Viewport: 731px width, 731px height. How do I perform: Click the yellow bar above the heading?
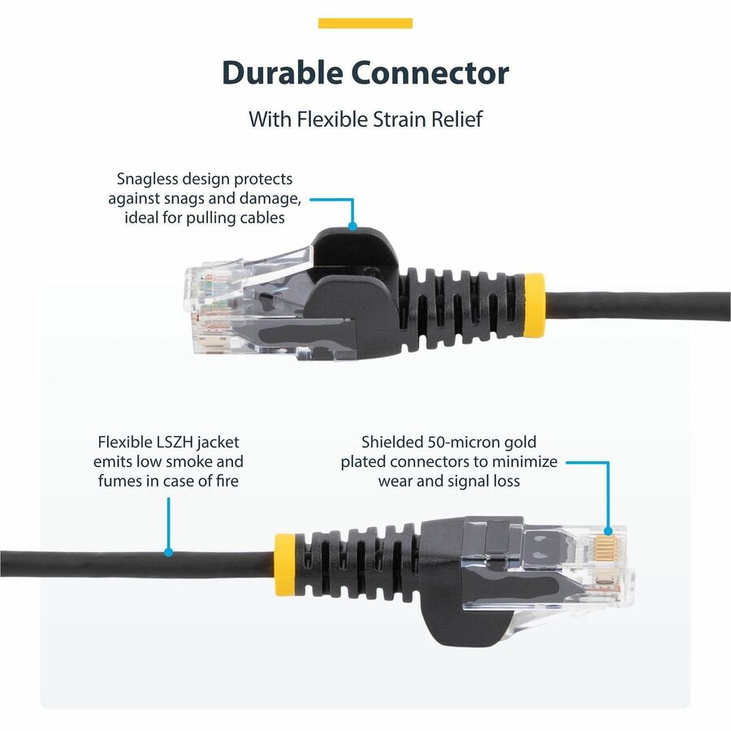pos(365,24)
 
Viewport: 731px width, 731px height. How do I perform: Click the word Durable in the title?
pos(281,73)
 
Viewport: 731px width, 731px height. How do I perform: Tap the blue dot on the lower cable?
pos(169,552)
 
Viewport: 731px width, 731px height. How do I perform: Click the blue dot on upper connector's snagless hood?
pos(353,228)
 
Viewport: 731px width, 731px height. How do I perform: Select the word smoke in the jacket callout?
pos(192,462)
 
